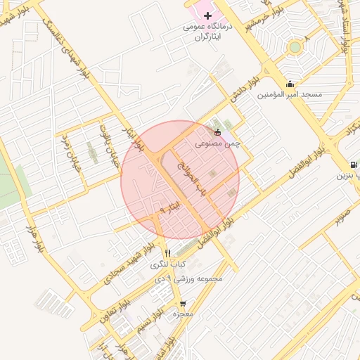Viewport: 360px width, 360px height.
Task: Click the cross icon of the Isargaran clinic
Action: click(x=207, y=15)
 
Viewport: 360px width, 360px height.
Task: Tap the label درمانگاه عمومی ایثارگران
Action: click(x=207, y=32)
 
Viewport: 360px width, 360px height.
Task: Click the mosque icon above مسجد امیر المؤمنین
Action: click(x=290, y=84)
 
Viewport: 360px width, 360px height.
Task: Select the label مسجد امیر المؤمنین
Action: click(x=290, y=94)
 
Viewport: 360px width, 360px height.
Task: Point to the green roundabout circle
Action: click(x=295, y=47)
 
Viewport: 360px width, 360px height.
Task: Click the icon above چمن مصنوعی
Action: click(x=217, y=131)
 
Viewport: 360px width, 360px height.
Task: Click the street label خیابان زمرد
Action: click(x=72, y=149)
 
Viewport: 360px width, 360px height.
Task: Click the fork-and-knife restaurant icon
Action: click(x=167, y=254)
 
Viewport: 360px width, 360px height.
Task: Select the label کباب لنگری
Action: click(x=167, y=265)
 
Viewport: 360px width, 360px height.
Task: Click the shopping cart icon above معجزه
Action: click(x=183, y=304)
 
